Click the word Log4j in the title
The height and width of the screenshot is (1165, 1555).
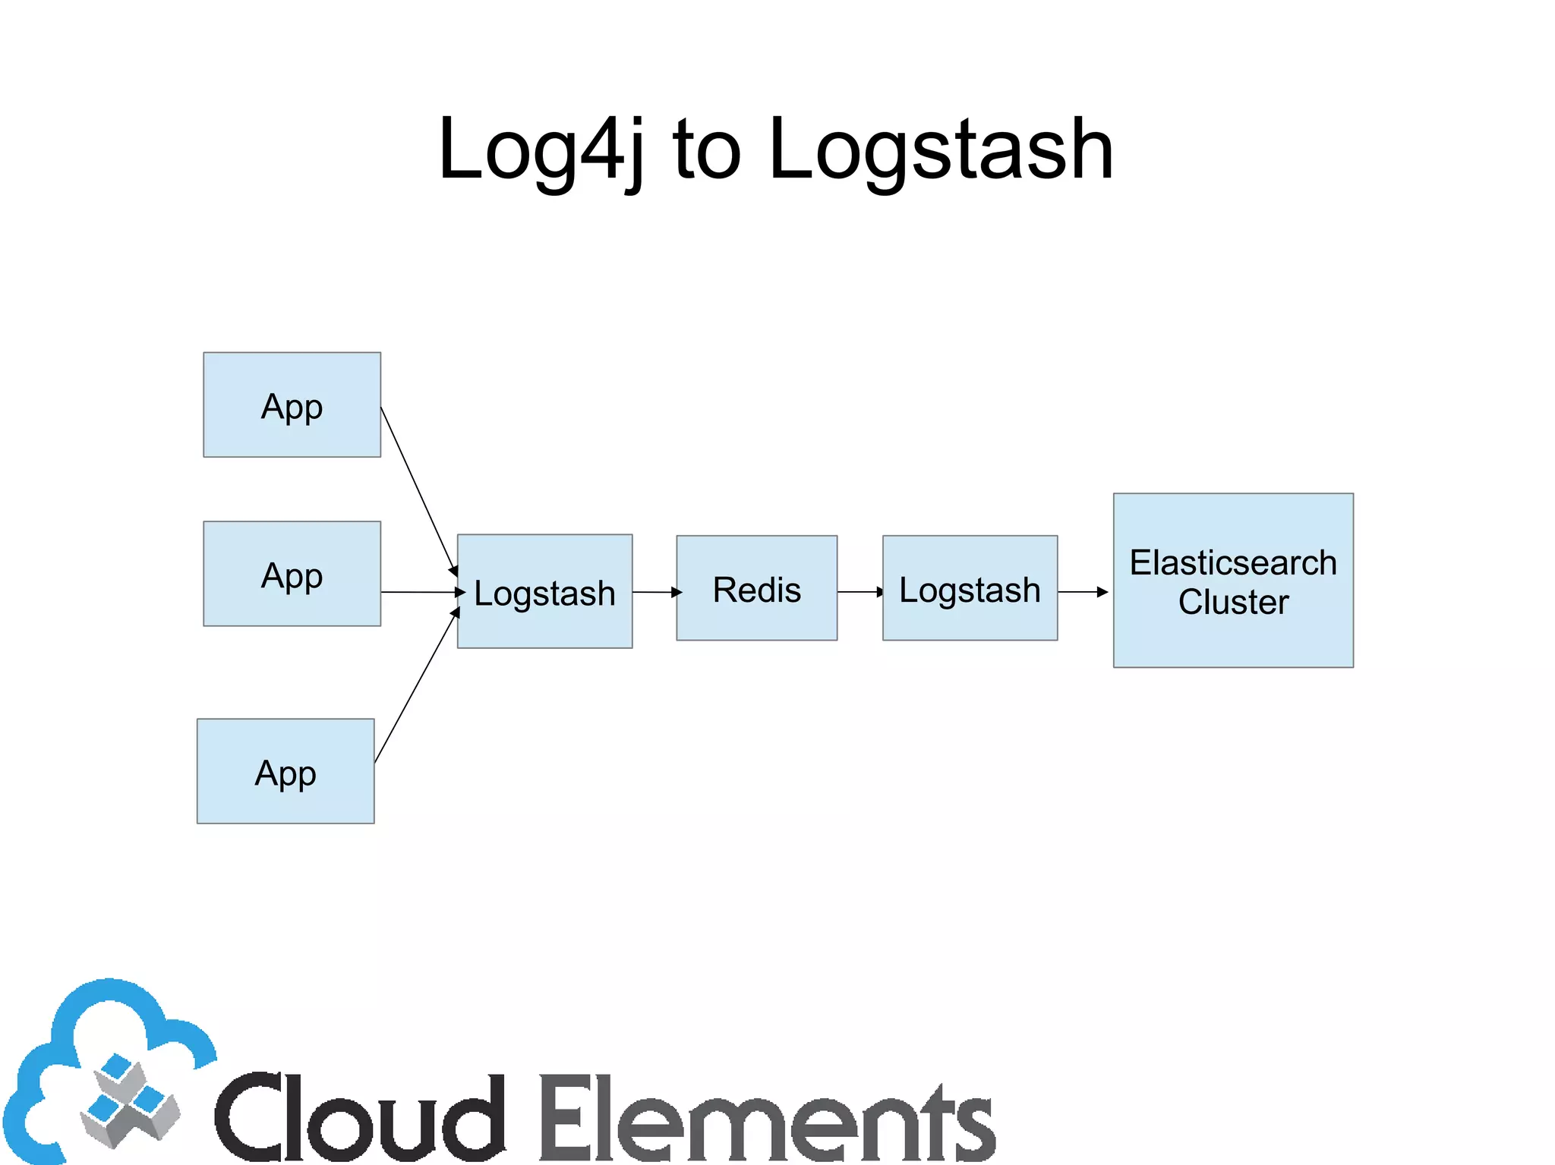tap(541, 150)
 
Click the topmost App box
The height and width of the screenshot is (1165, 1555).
tap(292, 405)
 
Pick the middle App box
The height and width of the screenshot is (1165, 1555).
tap(292, 574)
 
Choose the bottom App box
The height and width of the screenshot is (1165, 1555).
tap(285, 771)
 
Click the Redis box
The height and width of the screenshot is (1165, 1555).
tap(756, 588)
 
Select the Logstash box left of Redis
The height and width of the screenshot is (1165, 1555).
tap(544, 591)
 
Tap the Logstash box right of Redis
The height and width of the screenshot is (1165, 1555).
tap(970, 588)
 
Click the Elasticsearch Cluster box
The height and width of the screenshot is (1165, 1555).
tap(1233, 581)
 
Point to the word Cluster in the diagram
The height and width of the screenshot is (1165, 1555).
tap(1233, 602)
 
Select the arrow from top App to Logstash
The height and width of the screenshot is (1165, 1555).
tap(418, 490)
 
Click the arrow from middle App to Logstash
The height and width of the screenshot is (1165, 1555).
tap(421, 592)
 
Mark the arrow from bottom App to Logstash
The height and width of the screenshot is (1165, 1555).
tap(416, 686)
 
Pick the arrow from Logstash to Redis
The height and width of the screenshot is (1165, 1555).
tap(656, 592)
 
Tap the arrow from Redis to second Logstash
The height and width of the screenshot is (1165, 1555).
tap(860, 592)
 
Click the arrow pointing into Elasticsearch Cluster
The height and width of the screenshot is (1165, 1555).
tap(1083, 592)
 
